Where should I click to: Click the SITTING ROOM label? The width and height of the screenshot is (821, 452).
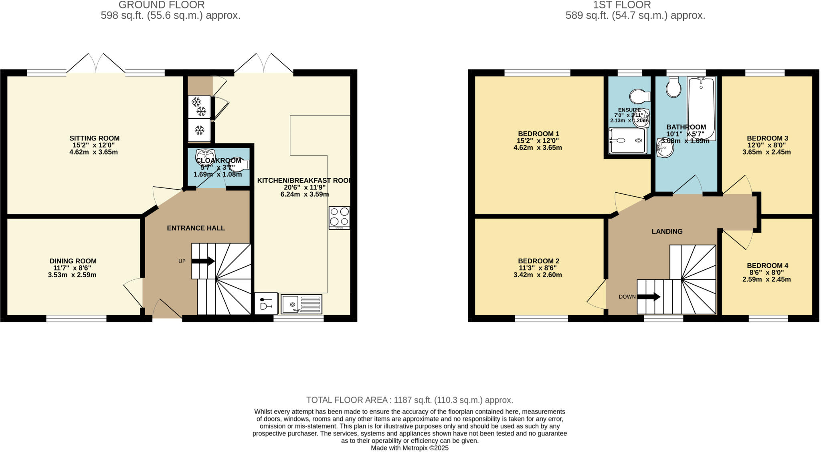click(95, 138)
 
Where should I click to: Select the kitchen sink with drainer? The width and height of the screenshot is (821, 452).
click(301, 304)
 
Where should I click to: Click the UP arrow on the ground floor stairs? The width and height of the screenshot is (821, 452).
click(203, 261)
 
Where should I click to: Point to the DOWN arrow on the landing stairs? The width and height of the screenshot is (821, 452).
click(649, 297)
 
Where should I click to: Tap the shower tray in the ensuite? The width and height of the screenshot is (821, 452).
click(627, 140)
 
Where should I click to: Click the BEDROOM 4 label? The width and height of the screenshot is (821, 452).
click(767, 265)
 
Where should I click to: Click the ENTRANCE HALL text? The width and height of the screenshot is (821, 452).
click(196, 228)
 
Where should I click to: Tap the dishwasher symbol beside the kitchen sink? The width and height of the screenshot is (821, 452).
click(266, 303)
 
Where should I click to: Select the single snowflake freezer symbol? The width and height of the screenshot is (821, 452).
click(199, 130)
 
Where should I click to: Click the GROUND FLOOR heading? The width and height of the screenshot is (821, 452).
click(162, 5)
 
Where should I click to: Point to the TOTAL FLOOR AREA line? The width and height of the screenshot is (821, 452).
click(409, 400)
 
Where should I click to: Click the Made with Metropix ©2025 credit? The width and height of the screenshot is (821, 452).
click(409, 448)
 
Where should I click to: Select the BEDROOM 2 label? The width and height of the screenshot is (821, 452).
click(538, 261)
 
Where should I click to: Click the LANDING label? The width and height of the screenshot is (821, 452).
click(667, 232)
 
